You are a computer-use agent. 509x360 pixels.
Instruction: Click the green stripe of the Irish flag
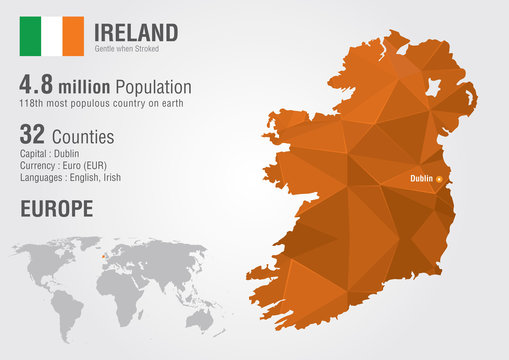click(x=30, y=36)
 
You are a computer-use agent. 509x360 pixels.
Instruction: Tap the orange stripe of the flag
click(x=73, y=36)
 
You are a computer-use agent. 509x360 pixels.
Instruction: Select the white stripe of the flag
click(x=51, y=36)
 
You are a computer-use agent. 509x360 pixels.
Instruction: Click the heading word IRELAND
click(x=137, y=32)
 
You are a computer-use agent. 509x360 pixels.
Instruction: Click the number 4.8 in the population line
click(x=39, y=87)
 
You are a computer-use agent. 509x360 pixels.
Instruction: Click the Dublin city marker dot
click(x=438, y=180)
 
